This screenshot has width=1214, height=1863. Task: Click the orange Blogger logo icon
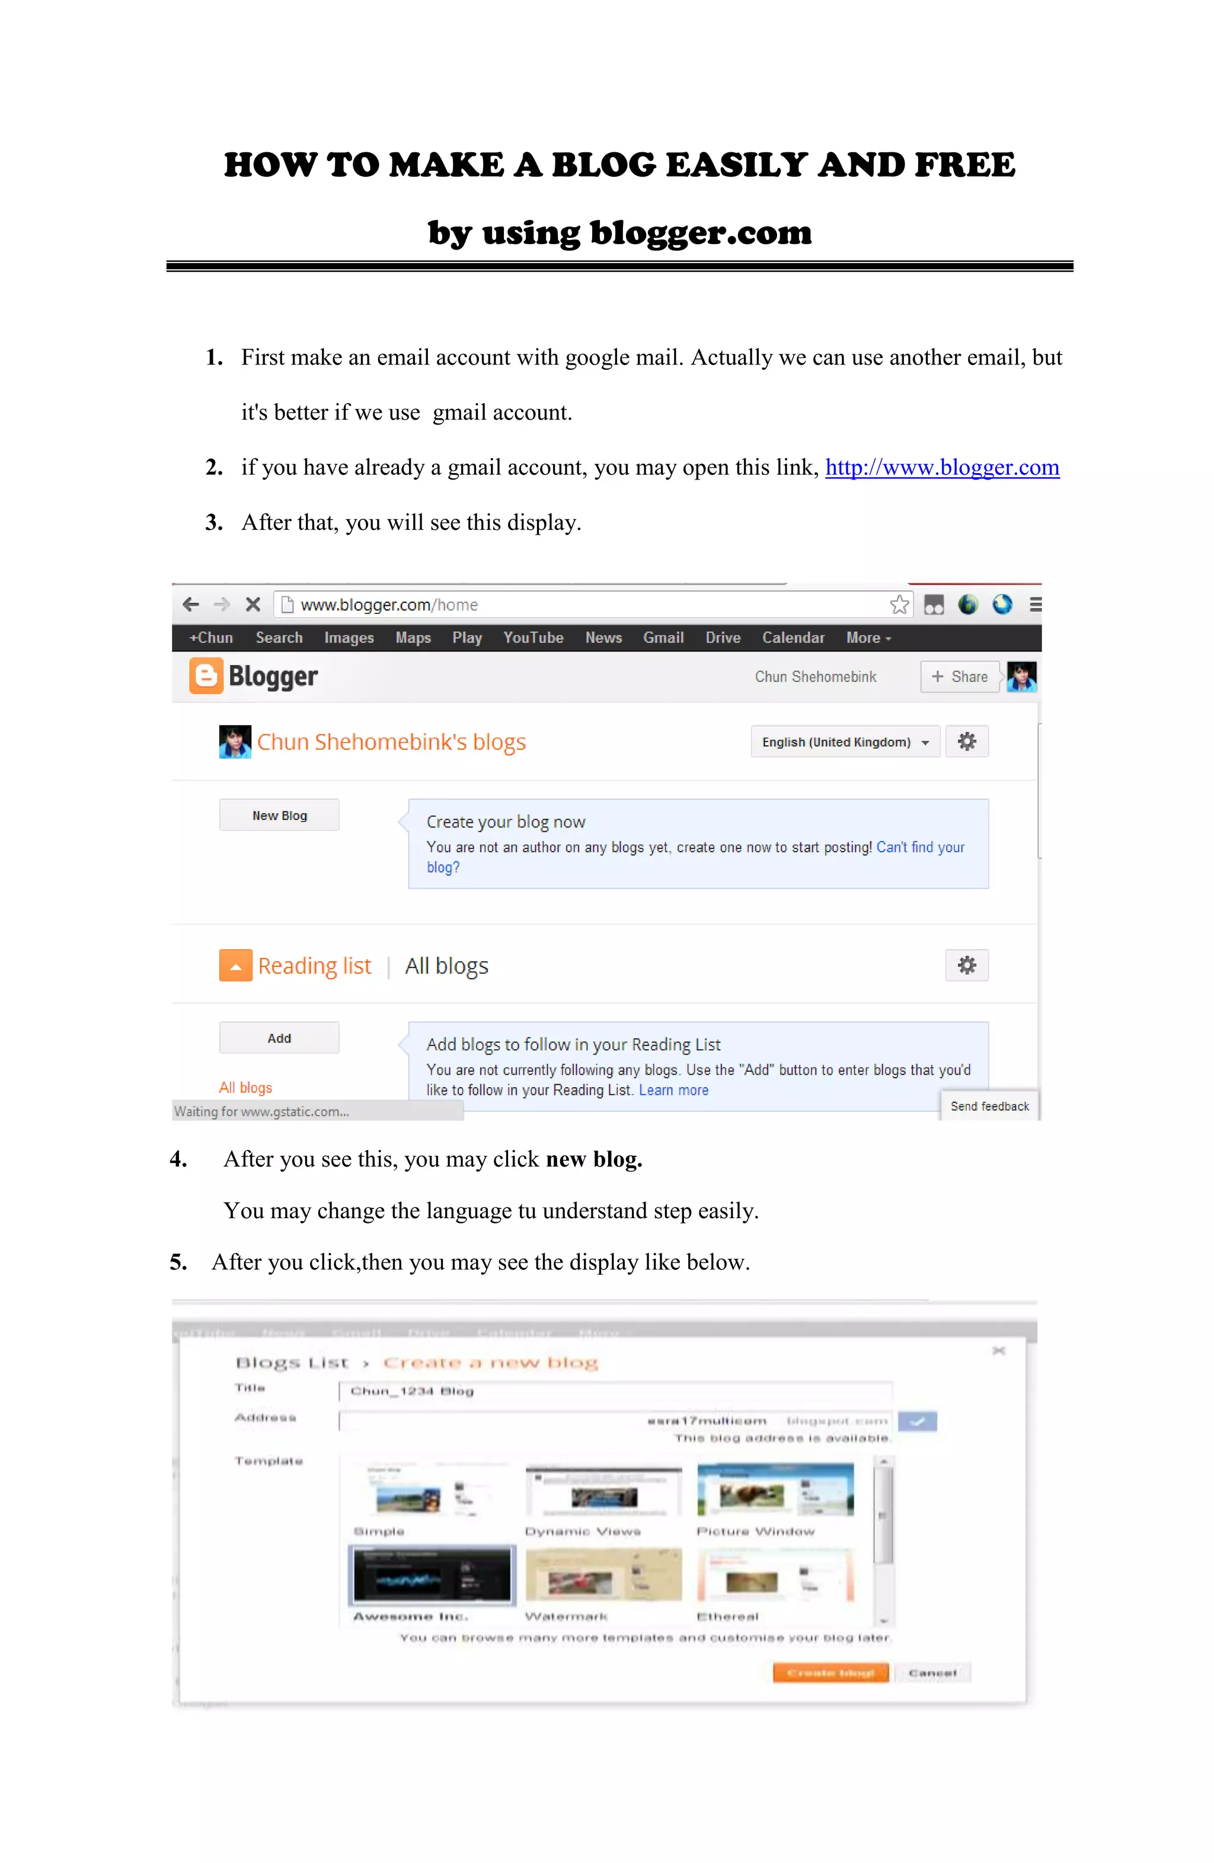206,676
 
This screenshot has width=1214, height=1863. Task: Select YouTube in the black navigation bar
533,638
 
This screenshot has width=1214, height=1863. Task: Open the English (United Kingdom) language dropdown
845,742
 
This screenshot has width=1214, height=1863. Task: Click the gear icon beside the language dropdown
967,742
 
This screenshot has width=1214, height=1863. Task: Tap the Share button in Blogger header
960,677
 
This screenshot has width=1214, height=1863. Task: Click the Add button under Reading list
279,1038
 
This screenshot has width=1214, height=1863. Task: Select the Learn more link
673,1091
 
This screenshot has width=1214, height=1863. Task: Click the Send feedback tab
989,1106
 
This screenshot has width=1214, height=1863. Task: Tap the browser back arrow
190,604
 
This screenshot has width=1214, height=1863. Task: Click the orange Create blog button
830,1673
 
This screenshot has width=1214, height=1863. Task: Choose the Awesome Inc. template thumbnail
432,1574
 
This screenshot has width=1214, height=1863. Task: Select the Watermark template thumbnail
603,1574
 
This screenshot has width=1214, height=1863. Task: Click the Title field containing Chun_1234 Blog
615,1391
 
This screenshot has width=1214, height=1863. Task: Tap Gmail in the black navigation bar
663,638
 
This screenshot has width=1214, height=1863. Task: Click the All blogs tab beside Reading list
446,966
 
